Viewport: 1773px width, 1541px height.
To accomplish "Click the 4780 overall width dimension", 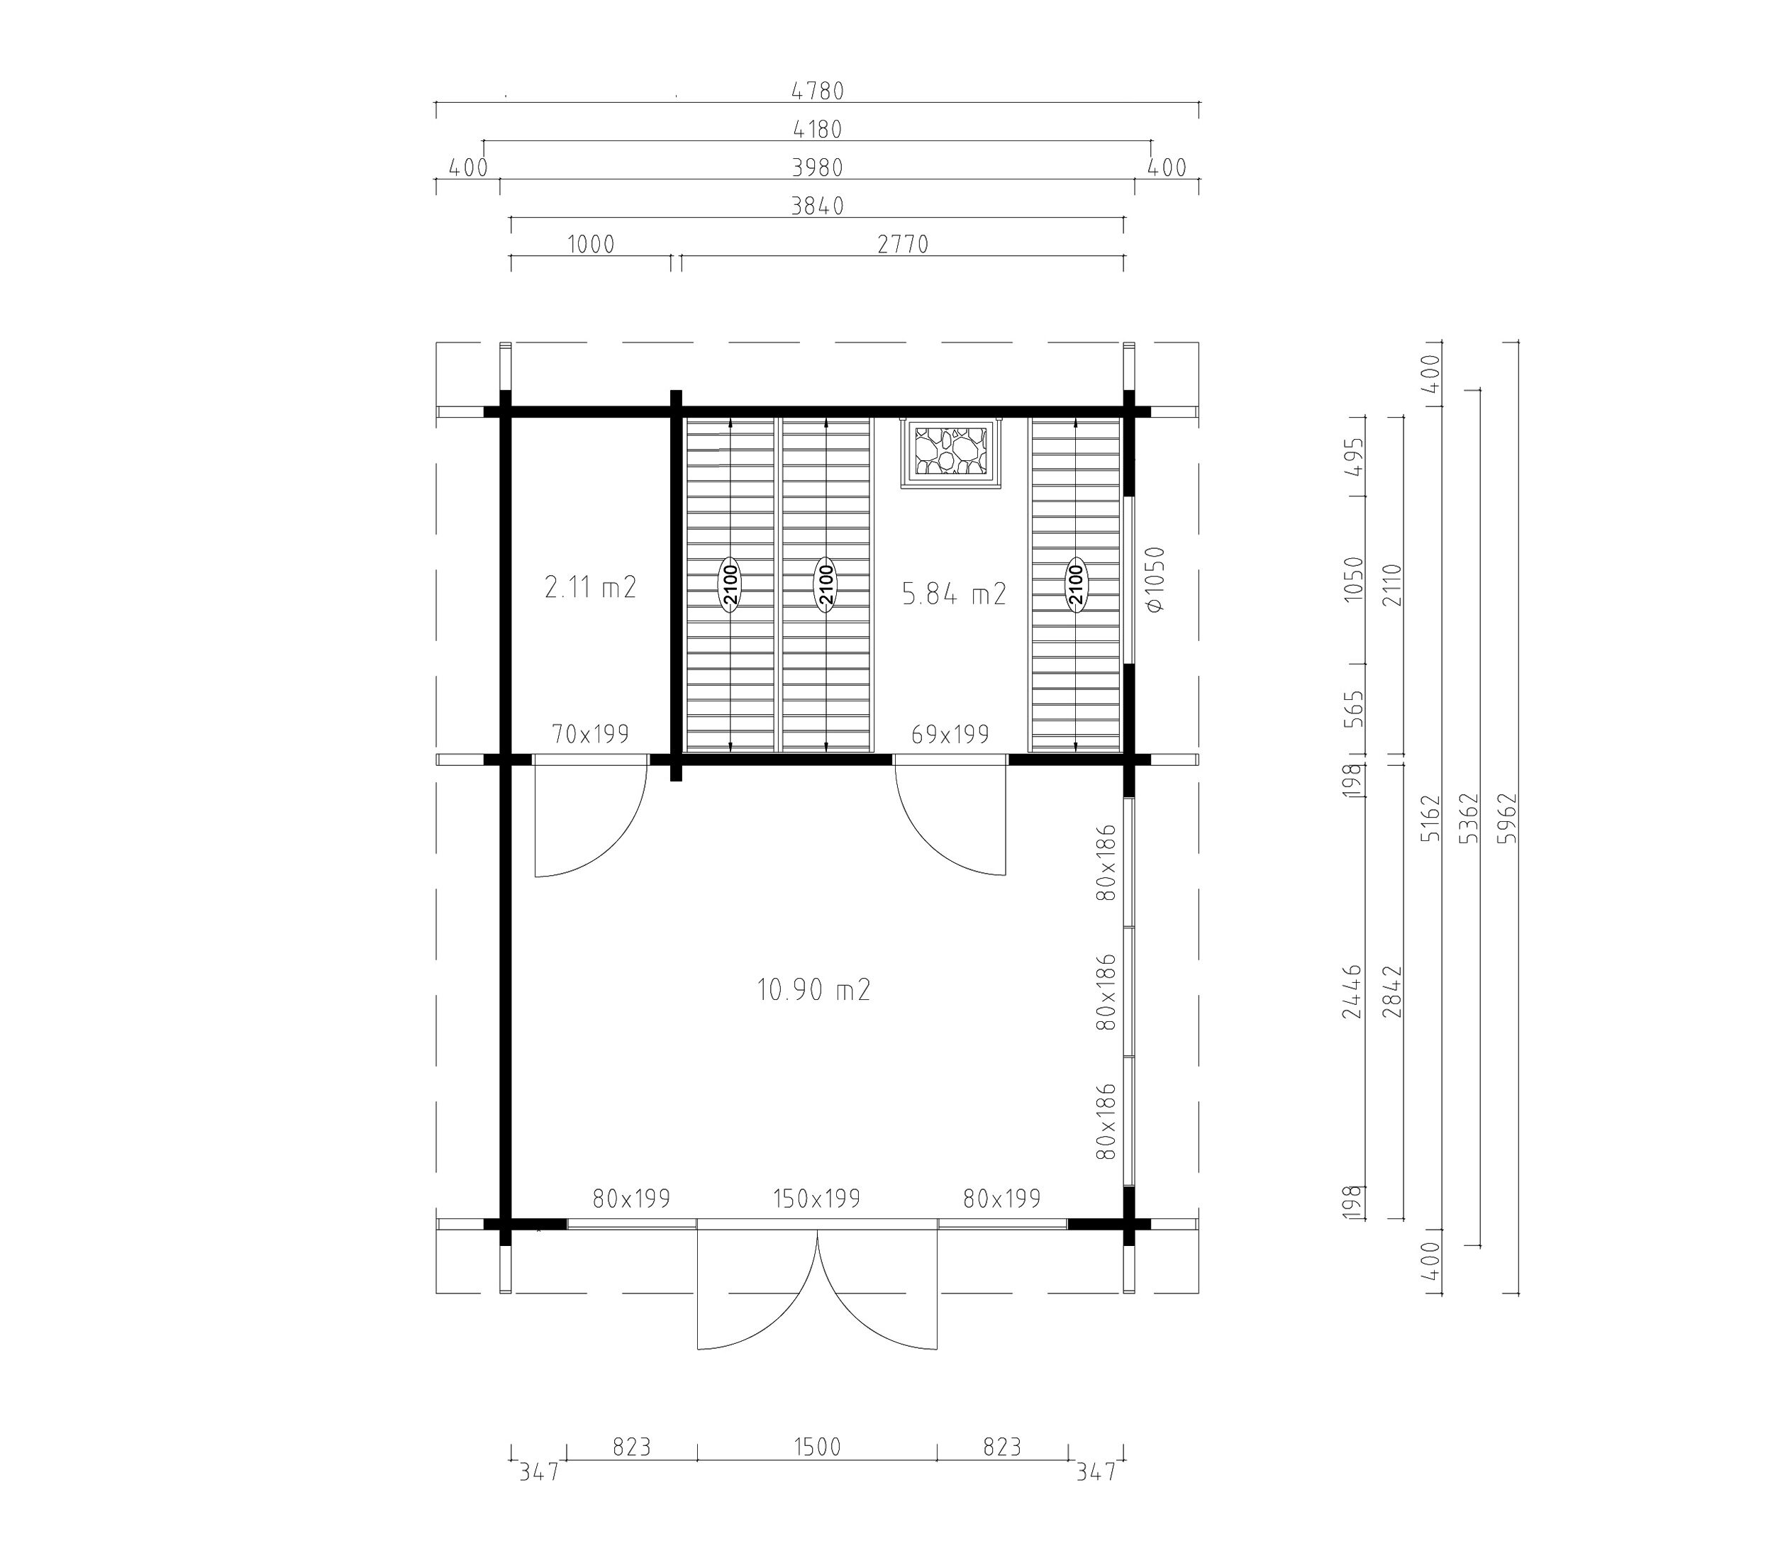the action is [817, 90].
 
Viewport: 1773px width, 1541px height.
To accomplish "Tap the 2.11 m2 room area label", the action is [591, 587].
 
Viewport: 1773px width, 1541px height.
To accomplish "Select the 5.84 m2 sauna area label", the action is [954, 594].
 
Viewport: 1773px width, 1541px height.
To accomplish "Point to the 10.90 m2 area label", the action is [813, 990].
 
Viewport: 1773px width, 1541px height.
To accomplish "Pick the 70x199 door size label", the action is [591, 733].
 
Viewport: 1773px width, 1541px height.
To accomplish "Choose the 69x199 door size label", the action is [950, 733].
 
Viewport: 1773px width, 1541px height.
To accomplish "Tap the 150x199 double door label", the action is [817, 1198].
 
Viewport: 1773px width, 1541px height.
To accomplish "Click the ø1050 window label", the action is [1155, 579].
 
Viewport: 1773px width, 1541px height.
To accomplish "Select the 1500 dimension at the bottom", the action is [817, 1447].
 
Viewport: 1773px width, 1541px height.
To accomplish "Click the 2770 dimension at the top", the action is [903, 244].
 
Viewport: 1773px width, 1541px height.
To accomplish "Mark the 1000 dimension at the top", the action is [591, 244].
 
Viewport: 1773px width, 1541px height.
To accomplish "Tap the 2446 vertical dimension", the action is [1352, 991].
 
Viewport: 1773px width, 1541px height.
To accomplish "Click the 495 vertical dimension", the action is [1352, 457].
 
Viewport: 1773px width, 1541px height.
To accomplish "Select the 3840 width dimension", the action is [817, 206].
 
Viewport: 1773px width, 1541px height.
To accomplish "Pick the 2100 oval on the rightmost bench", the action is [1076, 585].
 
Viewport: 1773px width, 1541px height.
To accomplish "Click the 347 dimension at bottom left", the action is [539, 1472].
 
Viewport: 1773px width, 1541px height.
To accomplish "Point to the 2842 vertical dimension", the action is [1393, 991].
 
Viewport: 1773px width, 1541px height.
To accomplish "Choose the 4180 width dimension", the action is [817, 129].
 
